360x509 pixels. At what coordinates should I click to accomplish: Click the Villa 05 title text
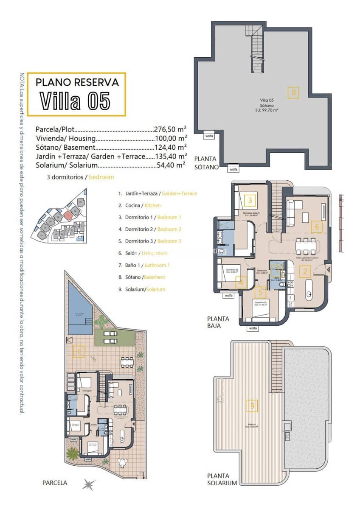click(76, 101)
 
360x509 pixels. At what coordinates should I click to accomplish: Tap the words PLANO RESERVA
click(77, 82)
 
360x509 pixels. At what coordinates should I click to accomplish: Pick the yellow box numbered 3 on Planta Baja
click(250, 200)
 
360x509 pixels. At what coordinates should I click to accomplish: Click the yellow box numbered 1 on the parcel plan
click(79, 352)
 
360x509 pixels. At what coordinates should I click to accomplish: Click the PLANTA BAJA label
click(218, 322)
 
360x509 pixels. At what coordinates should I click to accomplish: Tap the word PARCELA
click(55, 483)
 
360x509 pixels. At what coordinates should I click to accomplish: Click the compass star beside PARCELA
click(89, 484)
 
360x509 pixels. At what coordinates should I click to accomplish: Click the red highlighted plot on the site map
click(68, 215)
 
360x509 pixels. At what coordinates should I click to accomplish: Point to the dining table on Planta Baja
click(306, 245)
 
